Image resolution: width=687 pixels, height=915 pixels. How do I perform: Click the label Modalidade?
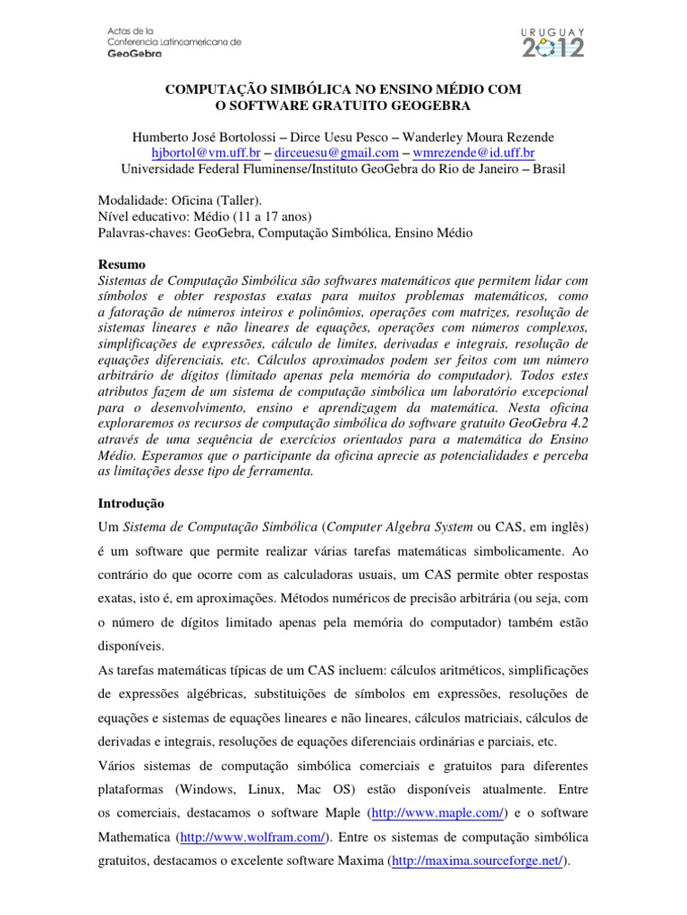point(131,201)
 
